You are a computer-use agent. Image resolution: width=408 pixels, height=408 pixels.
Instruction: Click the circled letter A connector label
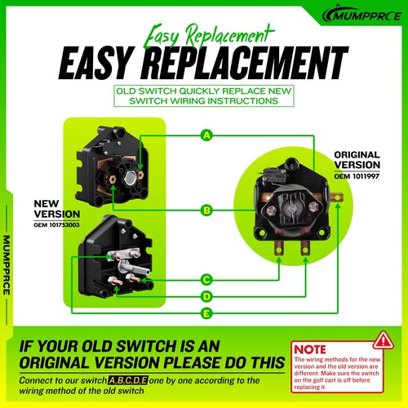[206, 135]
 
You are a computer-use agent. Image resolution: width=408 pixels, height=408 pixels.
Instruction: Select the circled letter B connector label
[206, 211]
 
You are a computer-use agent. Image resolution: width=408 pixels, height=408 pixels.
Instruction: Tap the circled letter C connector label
[206, 280]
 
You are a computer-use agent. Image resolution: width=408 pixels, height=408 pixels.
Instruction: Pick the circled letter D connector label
[206, 296]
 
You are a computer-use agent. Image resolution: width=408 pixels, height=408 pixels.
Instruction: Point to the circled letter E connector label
[206, 313]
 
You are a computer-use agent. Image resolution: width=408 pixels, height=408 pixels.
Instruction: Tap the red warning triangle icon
[384, 340]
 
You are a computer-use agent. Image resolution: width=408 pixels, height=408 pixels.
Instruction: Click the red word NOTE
[310, 349]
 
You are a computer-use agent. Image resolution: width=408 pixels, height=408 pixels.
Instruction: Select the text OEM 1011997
[357, 176]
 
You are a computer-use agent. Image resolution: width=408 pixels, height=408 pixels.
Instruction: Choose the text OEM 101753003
[56, 225]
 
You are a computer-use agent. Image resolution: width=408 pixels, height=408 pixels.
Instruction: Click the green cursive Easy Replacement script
[208, 37]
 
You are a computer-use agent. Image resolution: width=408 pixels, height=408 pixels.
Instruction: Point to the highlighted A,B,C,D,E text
[128, 380]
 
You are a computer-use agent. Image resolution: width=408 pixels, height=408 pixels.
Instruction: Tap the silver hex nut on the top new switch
[130, 178]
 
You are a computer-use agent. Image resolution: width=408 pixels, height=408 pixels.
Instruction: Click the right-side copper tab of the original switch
[336, 197]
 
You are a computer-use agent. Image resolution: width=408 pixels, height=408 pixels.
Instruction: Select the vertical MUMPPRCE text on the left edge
[7, 265]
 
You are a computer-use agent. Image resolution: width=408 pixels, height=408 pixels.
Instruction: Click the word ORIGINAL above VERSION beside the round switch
[357, 155]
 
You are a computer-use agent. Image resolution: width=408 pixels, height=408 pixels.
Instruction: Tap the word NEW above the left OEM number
[47, 203]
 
